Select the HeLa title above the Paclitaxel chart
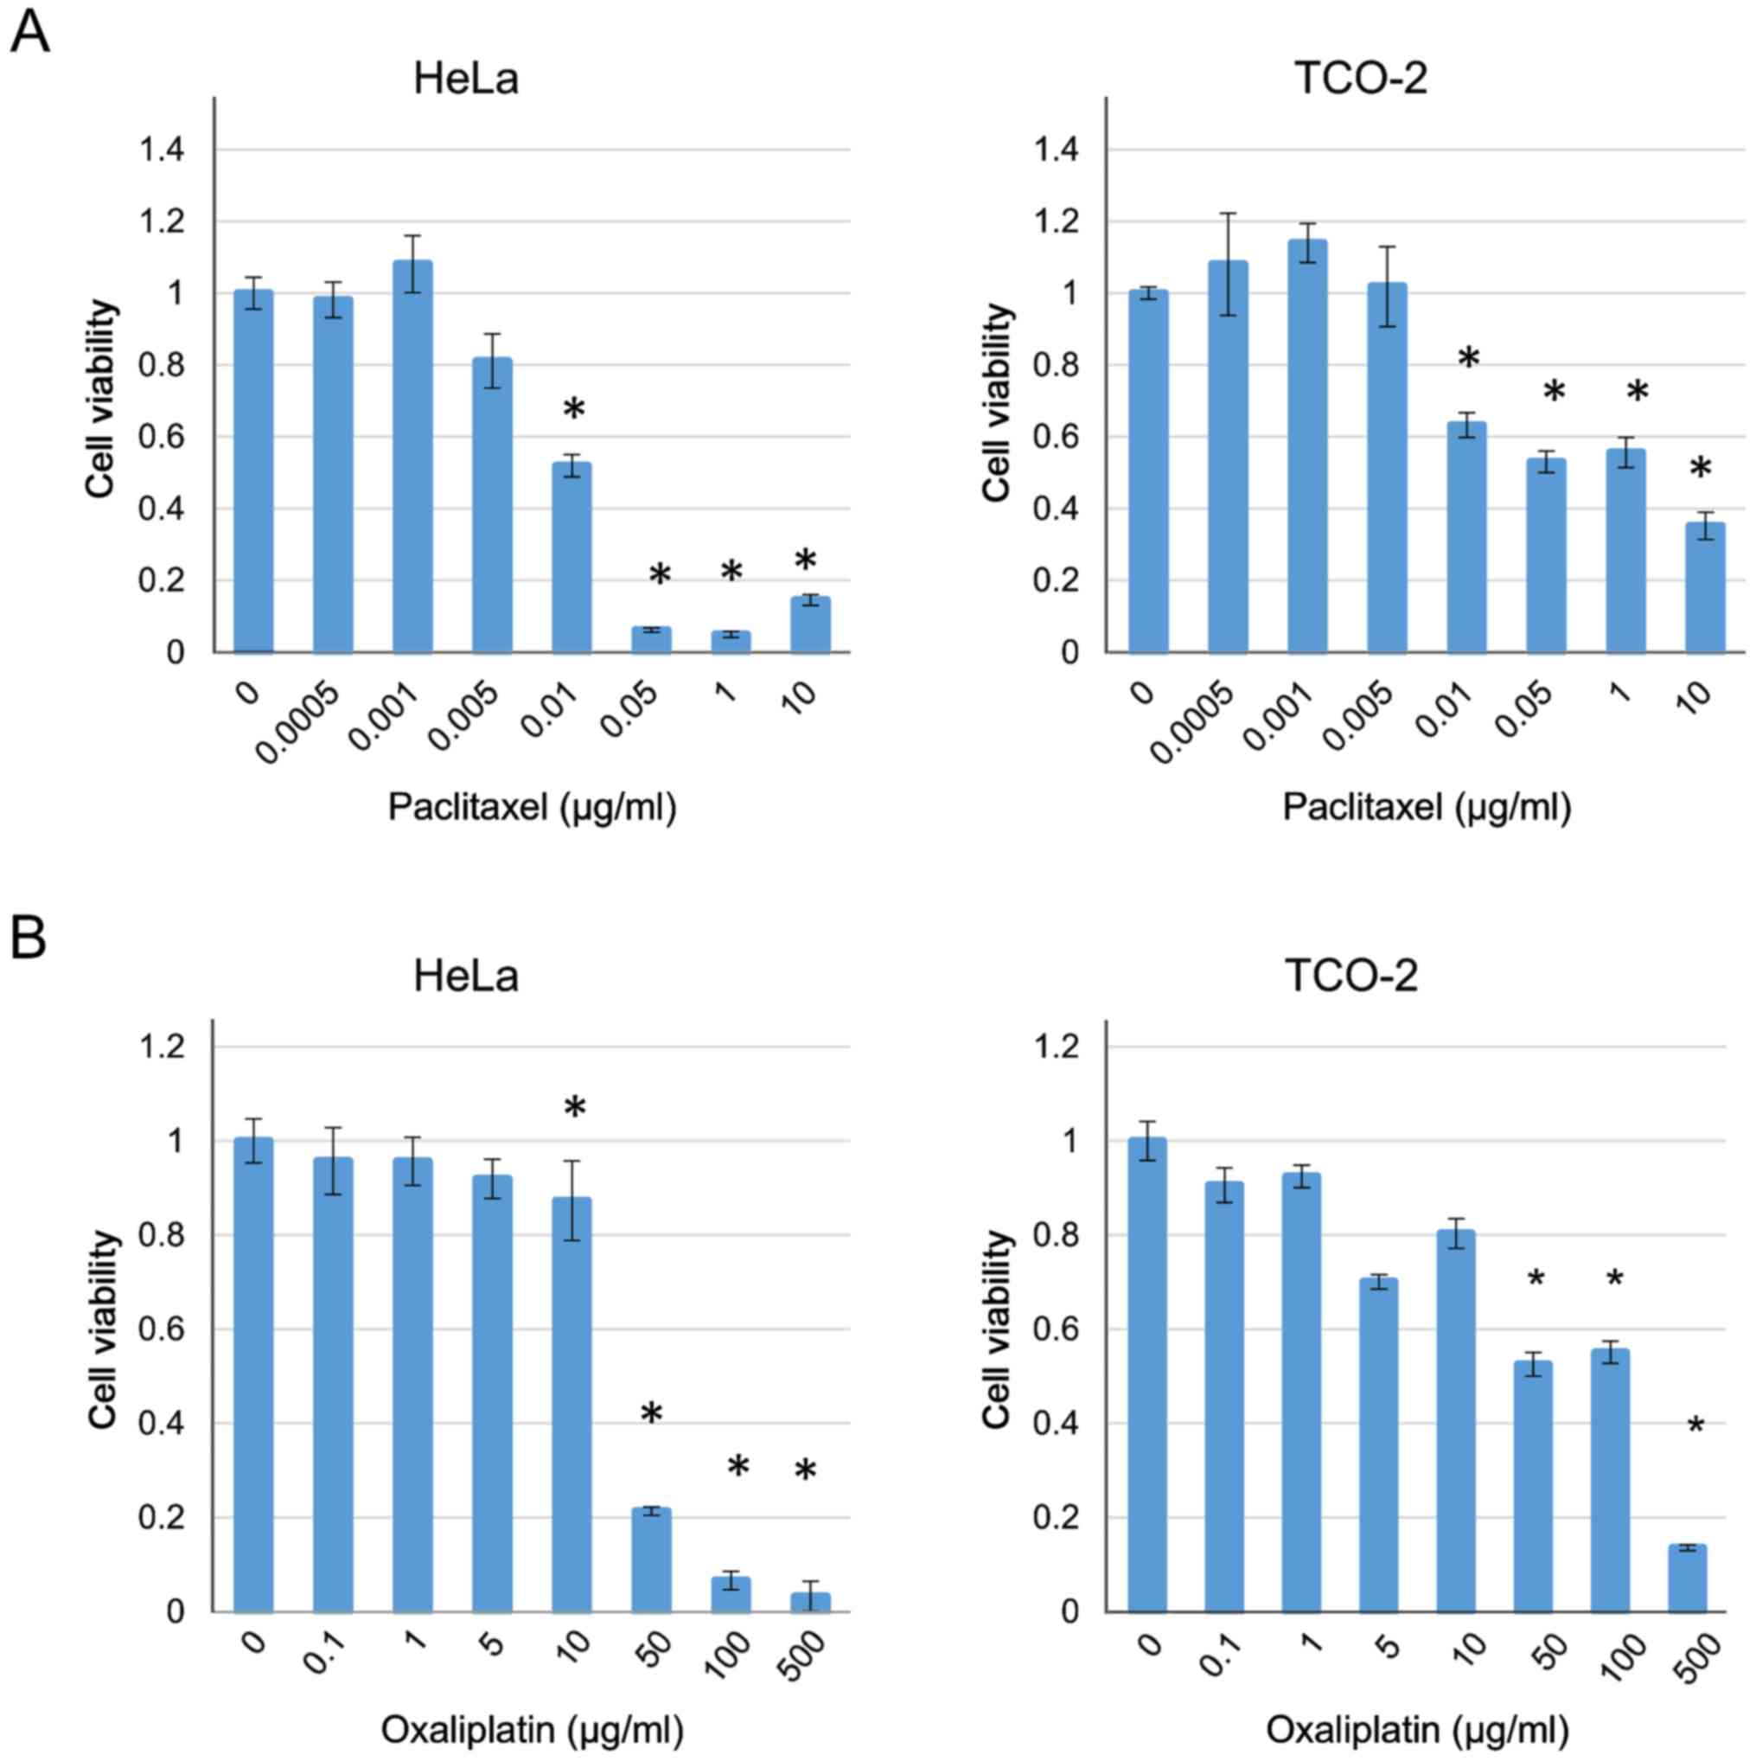click(466, 80)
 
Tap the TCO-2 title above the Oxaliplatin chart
click(1351, 977)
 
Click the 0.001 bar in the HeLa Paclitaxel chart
click(412, 456)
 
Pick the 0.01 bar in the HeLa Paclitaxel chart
click(571, 557)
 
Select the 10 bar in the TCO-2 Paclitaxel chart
click(1705, 587)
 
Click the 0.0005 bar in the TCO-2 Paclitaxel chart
click(1227, 456)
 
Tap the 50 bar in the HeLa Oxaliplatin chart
click(651, 1559)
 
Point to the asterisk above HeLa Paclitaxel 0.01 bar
click(573, 409)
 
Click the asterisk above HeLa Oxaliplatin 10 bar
click(574, 1108)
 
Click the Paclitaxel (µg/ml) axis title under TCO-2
click(1426, 808)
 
